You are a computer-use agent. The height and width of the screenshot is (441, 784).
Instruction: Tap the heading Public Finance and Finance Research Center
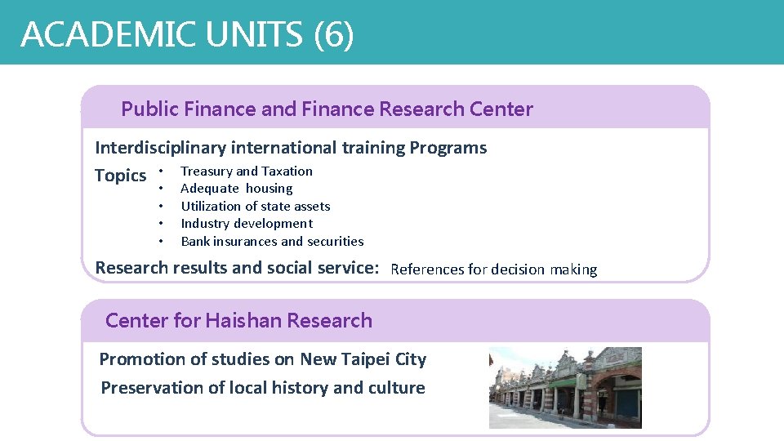[x=327, y=109]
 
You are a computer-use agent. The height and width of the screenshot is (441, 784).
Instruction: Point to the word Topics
[x=120, y=176]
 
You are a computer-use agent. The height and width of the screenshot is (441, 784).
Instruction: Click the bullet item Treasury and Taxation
[x=247, y=171]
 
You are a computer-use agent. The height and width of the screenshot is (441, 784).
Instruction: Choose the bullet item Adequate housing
[x=236, y=189]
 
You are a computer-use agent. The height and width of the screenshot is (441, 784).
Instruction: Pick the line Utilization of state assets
[x=255, y=206]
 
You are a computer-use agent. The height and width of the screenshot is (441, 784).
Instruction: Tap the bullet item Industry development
[x=247, y=224]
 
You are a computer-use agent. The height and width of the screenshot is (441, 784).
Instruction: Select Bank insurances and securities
[x=272, y=241]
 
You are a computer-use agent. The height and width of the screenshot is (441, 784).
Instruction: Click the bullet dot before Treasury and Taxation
[x=162, y=171]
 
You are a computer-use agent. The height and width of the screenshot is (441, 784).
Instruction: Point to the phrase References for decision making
[x=493, y=269]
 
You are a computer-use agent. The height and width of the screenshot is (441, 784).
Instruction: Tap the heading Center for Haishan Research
[x=238, y=321]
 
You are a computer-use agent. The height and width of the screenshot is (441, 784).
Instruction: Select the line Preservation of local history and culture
[x=262, y=388]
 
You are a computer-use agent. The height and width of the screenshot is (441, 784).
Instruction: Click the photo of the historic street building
[x=564, y=388]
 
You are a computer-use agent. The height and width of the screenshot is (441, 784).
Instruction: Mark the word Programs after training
[x=448, y=148]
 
